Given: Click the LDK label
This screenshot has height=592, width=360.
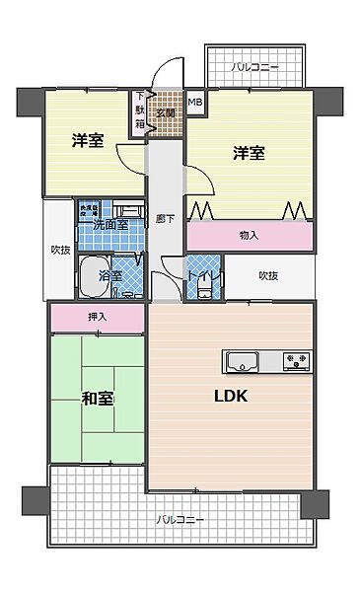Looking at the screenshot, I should [231, 397].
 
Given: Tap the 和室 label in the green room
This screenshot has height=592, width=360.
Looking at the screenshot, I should [97, 399].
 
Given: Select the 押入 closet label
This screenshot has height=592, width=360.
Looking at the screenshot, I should [98, 317].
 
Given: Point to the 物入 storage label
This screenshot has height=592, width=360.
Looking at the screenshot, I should [250, 235].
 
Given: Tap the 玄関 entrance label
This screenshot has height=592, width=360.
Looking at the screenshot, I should [165, 113].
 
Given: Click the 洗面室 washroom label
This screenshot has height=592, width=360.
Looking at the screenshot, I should [110, 225].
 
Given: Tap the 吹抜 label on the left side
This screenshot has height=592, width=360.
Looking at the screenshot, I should [60, 250].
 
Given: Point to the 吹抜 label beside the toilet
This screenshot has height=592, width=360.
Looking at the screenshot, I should [267, 275].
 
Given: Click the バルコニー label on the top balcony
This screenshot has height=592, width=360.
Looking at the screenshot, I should [254, 68].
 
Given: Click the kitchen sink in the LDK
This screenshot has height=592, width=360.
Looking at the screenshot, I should [243, 362].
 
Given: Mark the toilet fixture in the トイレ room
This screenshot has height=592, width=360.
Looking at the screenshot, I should [203, 284].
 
